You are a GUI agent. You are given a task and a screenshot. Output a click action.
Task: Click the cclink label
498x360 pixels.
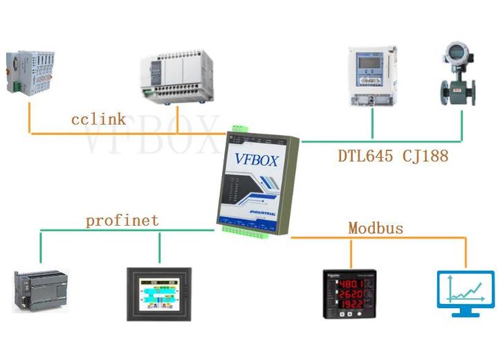[98, 119]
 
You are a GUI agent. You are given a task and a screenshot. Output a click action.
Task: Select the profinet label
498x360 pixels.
[122, 221]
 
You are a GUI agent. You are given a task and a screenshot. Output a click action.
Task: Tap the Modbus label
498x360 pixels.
[376, 228]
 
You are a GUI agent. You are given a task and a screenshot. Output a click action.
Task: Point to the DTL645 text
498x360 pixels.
[366, 156]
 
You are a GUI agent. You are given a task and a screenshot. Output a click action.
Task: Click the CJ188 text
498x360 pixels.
[425, 156]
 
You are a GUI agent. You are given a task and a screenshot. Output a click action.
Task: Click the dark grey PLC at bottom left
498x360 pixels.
[44, 289]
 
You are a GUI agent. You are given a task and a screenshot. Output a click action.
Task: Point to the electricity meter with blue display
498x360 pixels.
[371, 75]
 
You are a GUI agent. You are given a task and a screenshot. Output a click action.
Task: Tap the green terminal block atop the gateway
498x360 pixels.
[240, 129]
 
